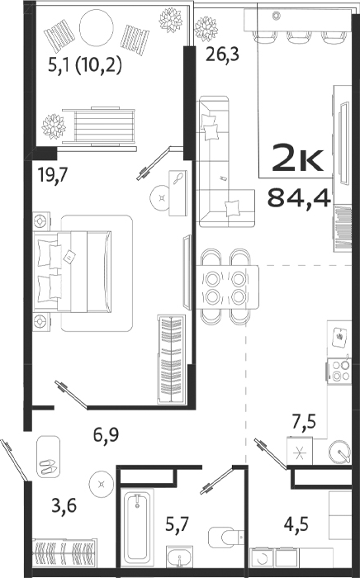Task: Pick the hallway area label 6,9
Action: pyautogui.click(x=105, y=432)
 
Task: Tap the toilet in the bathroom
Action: pyautogui.click(x=224, y=538)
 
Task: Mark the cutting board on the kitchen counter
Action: pyautogui.click(x=339, y=337)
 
